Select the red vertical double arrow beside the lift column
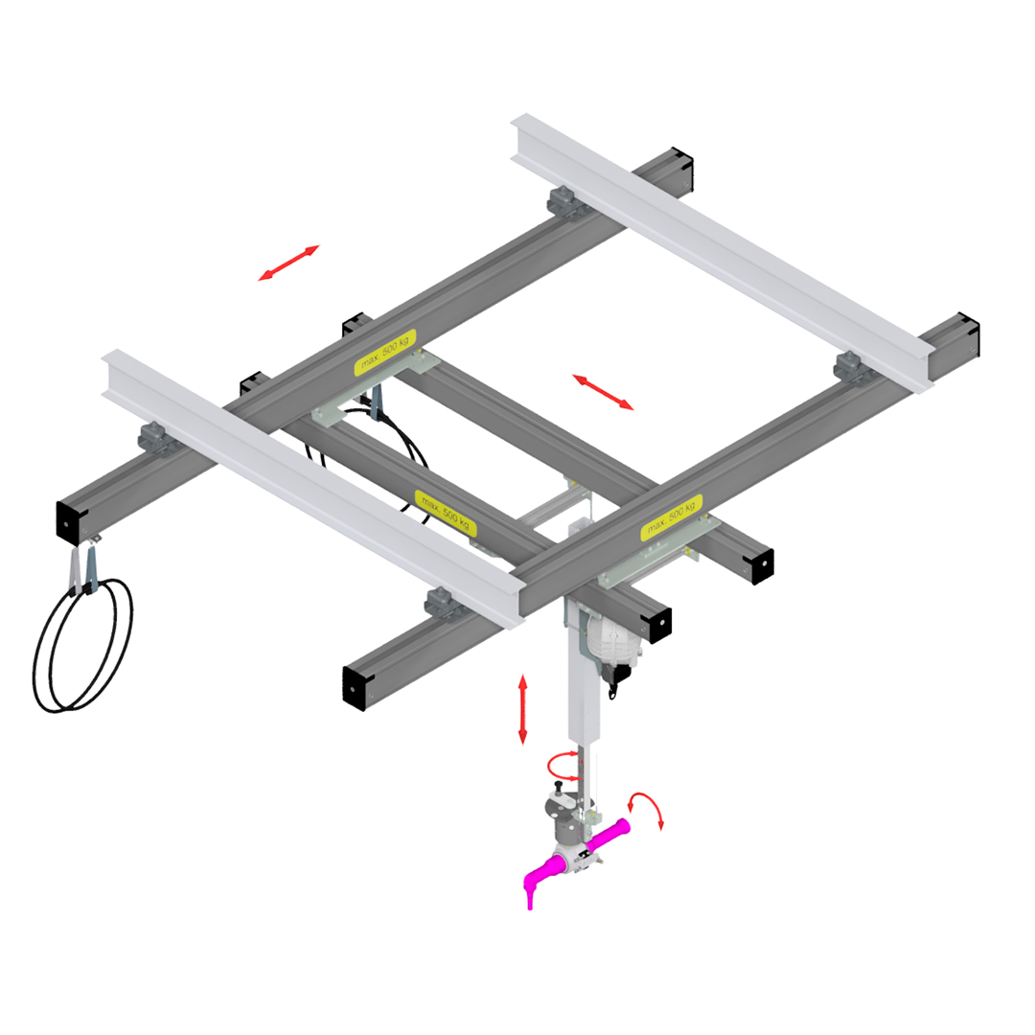pos(522,709)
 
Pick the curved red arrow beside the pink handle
pos(647,810)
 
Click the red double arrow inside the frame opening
pos(603,392)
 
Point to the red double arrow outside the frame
pos(288,263)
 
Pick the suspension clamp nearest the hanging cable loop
pos(154,437)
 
